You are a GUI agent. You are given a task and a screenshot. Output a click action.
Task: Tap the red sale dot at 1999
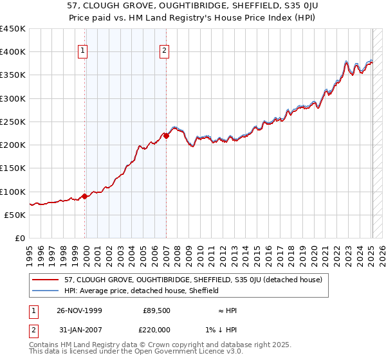(x=84, y=196)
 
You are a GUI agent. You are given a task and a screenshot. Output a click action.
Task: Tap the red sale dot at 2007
(x=166, y=136)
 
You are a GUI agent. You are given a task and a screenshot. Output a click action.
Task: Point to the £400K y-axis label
(x=12, y=52)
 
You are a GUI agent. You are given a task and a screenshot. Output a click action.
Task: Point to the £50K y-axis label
(x=15, y=215)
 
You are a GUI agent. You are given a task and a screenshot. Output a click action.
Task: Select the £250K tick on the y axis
(x=12, y=122)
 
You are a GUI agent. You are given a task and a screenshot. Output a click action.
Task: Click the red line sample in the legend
(x=45, y=280)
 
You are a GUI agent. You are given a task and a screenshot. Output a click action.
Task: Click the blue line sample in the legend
(x=45, y=291)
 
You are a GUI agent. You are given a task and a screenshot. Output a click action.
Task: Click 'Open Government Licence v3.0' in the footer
(x=190, y=352)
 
